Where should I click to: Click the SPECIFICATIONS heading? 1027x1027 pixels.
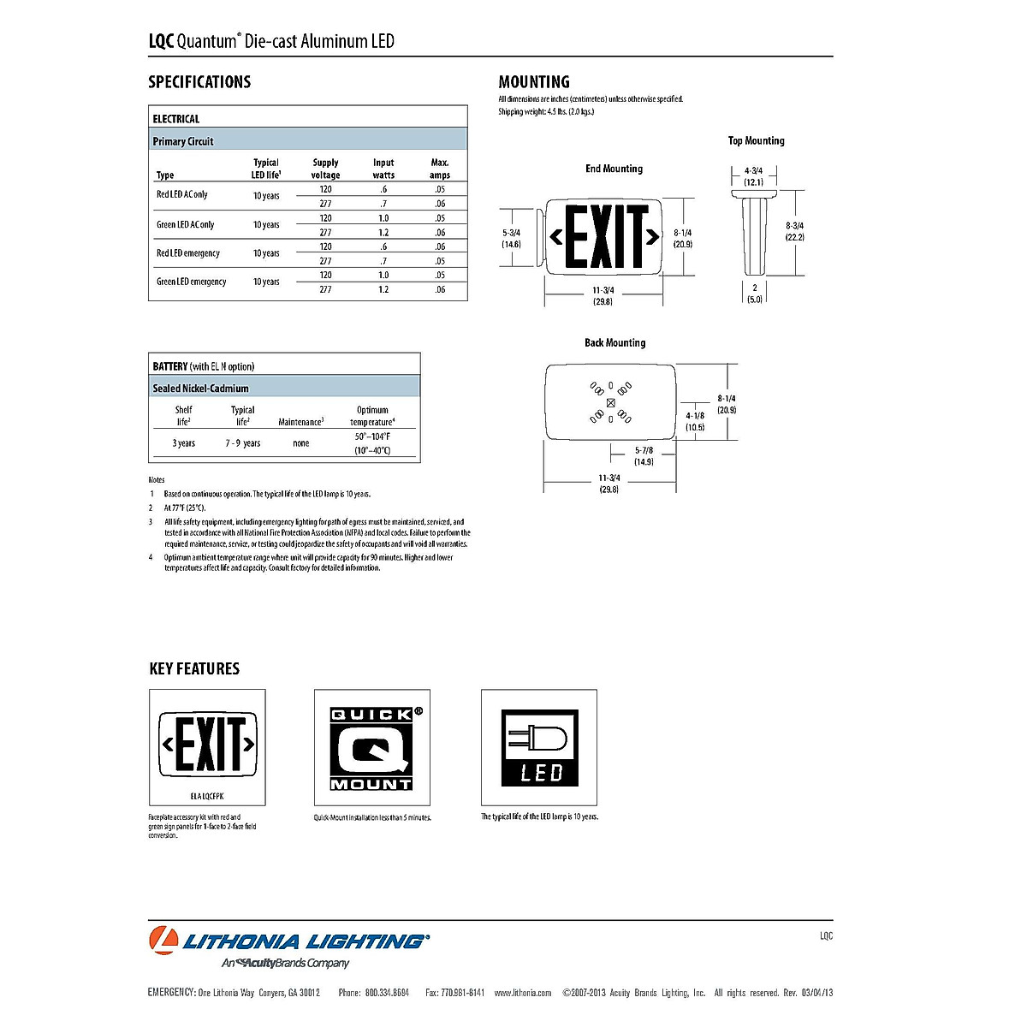(x=199, y=82)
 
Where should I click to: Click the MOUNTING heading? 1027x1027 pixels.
(x=534, y=82)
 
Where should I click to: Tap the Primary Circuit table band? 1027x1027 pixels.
(x=308, y=141)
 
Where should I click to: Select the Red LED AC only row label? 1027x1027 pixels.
(x=181, y=195)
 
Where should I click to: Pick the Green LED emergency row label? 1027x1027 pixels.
(x=191, y=282)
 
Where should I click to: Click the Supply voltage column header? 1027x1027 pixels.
(x=325, y=169)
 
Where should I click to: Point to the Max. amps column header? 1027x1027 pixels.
(x=440, y=169)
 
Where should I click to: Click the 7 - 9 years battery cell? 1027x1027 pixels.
(x=243, y=443)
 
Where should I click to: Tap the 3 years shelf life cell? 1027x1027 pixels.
(x=183, y=443)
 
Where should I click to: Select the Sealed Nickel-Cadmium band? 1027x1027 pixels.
(x=285, y=389)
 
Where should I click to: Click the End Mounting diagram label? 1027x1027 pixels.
(x=614, y=169)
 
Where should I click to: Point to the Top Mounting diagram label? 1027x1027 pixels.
(x=756, y=140)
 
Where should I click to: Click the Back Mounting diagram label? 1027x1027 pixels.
(x=614, y=342)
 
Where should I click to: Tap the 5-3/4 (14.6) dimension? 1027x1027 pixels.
(x=511, y=239)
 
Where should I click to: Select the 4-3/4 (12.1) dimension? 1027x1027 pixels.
(x=753, y=176)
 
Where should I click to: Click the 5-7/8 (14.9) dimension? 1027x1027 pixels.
(x=644, y=456)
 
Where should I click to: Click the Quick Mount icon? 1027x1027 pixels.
(x=372, y=748)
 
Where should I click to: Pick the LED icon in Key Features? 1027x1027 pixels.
(x=539, y=748)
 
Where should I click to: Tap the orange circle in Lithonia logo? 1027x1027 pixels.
(x=163, y=941)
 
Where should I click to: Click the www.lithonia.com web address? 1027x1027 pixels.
(x=522, y=993)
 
